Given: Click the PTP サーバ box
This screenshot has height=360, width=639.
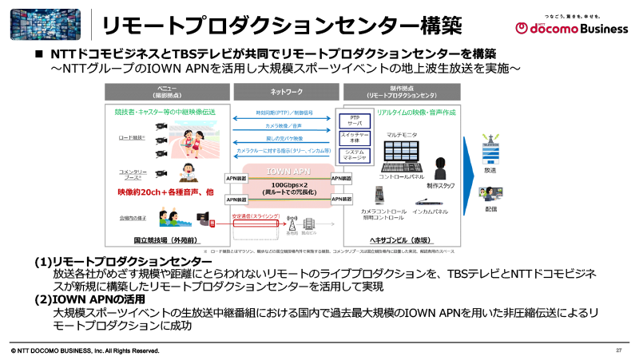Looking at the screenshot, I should (354, 121).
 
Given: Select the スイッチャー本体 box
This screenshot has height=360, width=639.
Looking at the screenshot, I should (354, 136).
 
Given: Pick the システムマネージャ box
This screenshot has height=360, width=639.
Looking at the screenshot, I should (354, 154).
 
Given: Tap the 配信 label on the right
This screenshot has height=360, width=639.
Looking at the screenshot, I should (490, 209).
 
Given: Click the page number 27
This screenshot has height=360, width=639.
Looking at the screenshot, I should (618, 351).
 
